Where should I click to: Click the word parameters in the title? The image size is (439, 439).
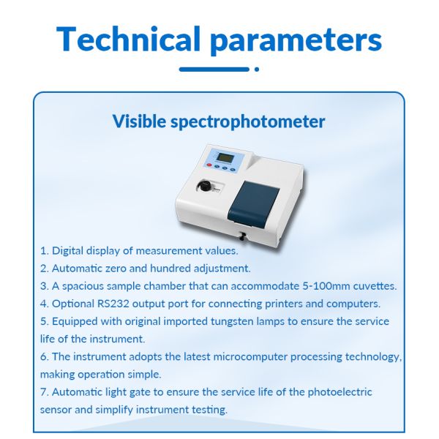[x=296, y=40]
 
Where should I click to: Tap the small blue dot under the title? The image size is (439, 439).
[x=256, y=70]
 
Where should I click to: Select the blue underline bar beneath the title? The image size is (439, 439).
[x=214, y=70]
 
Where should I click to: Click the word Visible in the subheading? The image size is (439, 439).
[x=138, y=121]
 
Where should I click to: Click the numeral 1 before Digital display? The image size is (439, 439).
[x=43, y=251]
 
